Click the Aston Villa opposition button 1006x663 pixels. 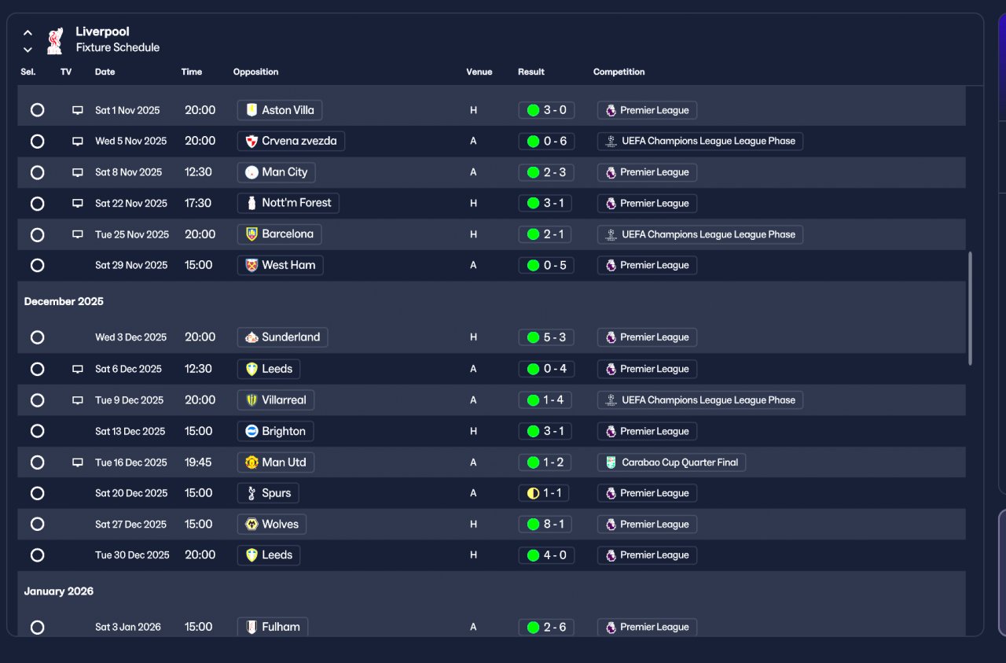(x=280, y=110)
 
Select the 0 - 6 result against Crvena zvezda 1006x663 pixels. (x=546, y=142)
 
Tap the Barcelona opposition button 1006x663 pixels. (x=279, y=234)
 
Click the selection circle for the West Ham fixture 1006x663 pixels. (x=37, y=265)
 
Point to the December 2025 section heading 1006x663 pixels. (x=64, y=301)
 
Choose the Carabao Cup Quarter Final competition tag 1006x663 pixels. (x=671, y=462)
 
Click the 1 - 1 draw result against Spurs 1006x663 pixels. (x=546, y=493)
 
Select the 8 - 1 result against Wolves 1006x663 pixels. (x=546, y=524)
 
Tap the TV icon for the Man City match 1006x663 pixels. (x=78, y=172)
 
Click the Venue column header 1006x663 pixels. (x=479, y=72)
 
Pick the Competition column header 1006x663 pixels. (x=619, y=72)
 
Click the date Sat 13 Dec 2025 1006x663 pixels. (x=130, y=431)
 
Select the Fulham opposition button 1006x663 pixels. (x=273, y=627)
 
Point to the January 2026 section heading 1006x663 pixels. (x=59, y=591)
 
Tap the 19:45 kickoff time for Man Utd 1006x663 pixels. (x=198, y=462)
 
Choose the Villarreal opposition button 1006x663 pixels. (x=276, y=400)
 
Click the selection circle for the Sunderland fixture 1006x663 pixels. (x=37, y=337)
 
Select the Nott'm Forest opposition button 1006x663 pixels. (x=288, y=203)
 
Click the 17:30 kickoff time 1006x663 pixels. (x=198, y=203)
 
